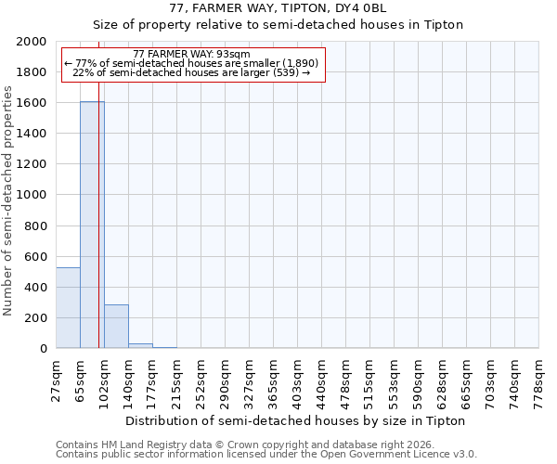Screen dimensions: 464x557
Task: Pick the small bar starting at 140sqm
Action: tap(140, 346)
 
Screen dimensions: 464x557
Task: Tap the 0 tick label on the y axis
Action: tap(44, 349)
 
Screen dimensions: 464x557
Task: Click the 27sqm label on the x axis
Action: tap(57, 378)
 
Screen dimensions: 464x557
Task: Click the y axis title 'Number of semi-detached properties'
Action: tap(8, 200)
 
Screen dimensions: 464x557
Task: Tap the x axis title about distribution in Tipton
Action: tap(294, 420)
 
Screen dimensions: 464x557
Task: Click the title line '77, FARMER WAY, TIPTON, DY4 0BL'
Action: tap(278, 8)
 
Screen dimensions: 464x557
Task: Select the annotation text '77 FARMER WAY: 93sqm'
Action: tap(191, 55)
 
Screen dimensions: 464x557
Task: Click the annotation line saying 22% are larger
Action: tap(191, 72)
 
